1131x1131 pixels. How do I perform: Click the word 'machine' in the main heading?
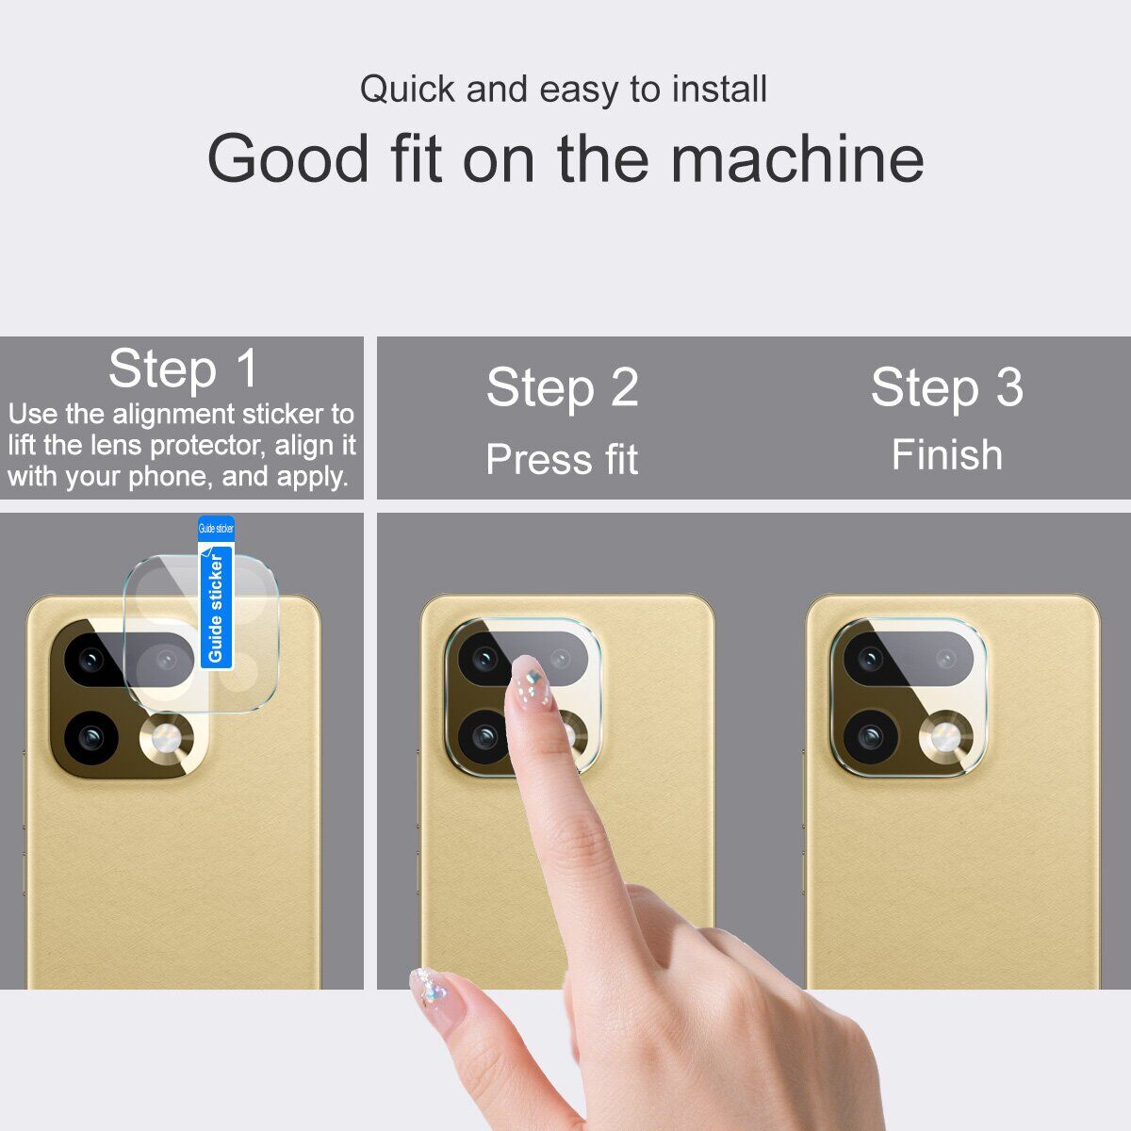(x=797, y=158)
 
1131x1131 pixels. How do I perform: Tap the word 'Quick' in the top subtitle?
(x=408, y=90)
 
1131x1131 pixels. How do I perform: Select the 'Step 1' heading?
(x=183, y=369)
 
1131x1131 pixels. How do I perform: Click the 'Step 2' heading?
(x=562, y=387)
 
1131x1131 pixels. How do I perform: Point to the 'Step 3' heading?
(x=946, y=387)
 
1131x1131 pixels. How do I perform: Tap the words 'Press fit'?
(x=562, y=459)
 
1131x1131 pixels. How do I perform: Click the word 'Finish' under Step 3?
(x=946, y=455)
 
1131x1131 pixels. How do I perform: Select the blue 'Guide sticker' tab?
(x=216, y=593)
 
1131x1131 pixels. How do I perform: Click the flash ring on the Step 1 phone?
(x=166, y=738)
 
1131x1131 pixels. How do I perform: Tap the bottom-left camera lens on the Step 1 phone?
(x=91, y=738)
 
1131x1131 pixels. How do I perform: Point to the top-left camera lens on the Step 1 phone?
(x=91, y=661)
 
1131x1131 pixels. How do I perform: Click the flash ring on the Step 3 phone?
(x=945, y=737)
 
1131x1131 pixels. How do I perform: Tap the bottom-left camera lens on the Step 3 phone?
(x=871, y=736)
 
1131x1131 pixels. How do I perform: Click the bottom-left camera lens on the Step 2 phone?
(x=484, y=736)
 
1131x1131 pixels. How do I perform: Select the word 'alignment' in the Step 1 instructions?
(x=174, y=416)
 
